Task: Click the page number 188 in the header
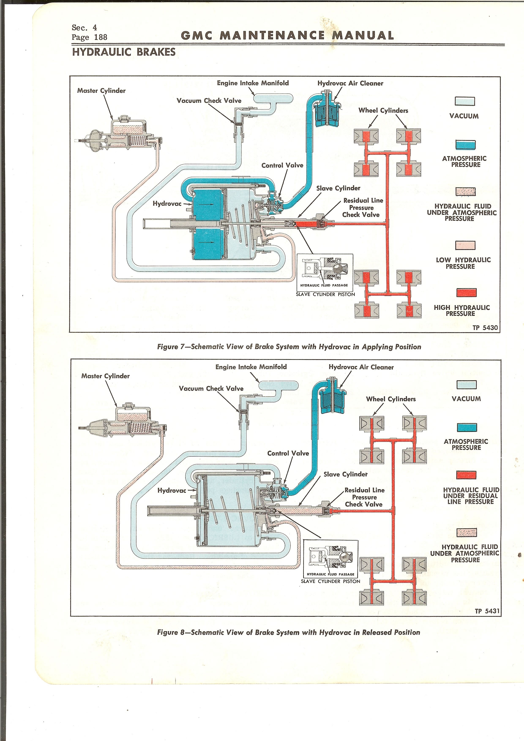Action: click(101, 37)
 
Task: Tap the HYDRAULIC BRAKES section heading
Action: click(124, 52)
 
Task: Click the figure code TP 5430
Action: click(485, 328)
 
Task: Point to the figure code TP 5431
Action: click(487, 611)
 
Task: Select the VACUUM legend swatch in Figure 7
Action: click(465, 101)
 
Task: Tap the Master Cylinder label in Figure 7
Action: click(101, 91)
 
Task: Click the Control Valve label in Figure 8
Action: click(288, 453)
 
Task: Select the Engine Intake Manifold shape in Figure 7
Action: click(273, 98)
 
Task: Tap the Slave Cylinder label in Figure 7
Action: click(338, 188)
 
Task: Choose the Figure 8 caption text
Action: click(288, 632)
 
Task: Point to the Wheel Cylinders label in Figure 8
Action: click(391, 399)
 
